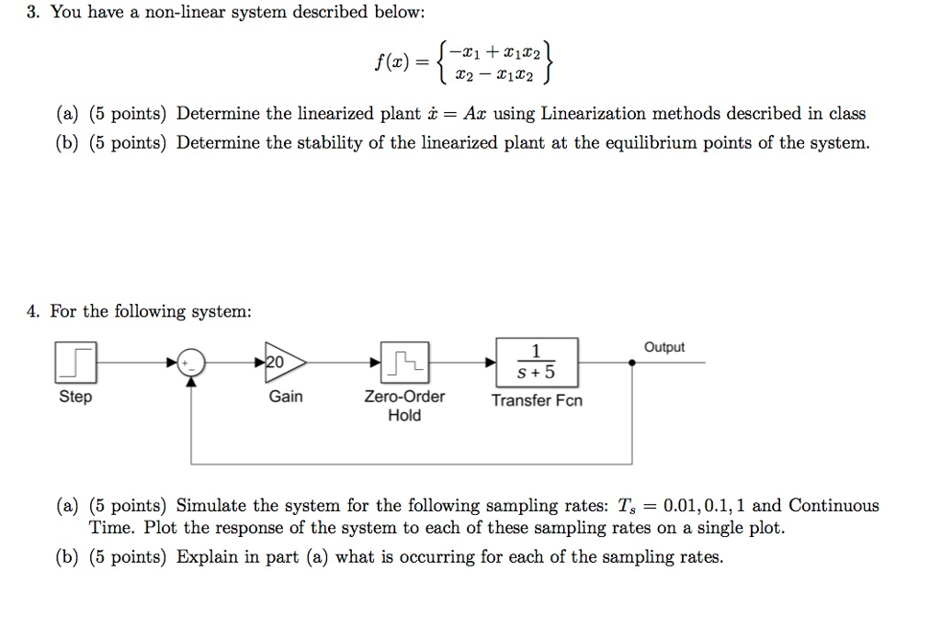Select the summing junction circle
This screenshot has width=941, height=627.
coord(191,364)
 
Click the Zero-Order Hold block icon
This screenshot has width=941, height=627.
coord(404,363)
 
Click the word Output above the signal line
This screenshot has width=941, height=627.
coord(663,347)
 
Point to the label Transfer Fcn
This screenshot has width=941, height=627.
coord(537,400)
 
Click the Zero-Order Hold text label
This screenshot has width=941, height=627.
coord(404,406)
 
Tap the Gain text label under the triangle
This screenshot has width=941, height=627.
coord(285,397)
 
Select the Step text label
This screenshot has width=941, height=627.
coord(75,397)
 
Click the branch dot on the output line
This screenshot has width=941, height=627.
coord(631,363)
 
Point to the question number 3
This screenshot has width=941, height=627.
coord(32,13)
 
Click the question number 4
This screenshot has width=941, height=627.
coord(32,311)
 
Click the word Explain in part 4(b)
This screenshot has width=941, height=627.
coord(210,557)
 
